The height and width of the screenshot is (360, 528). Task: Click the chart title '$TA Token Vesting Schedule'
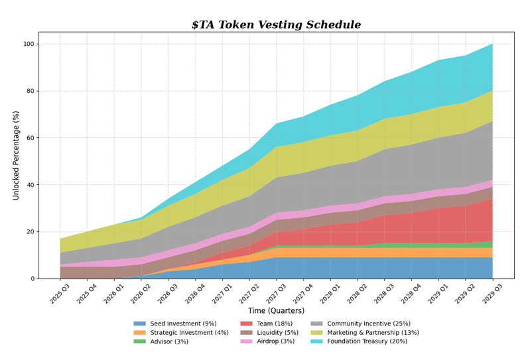(x=276, y=25)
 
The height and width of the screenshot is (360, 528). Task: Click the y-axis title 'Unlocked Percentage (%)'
(x=16, y=155)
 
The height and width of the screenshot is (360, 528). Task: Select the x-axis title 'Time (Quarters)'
(x=276, y=310)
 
